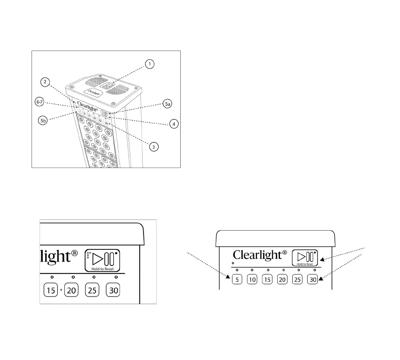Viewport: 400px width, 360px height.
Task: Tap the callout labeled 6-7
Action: click(40, 102)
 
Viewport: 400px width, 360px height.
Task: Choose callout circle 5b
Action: click(43, 120)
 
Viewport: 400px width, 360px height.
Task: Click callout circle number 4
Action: click(174, 124)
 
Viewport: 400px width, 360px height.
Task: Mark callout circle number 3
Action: click(152, 147)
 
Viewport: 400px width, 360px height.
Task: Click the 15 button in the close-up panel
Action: click(50, 290)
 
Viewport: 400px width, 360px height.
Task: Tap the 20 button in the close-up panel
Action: click(72, 290)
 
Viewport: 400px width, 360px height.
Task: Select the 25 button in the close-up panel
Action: click(92, 290)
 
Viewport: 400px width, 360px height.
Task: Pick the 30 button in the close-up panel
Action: click(113, 290)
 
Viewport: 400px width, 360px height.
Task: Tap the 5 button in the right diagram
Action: click(237, 280)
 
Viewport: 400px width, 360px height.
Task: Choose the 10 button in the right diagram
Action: click(252, 280)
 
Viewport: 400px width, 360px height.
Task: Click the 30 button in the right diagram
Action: click(312, 280)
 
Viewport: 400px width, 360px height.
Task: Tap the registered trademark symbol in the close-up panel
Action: click(74, 255)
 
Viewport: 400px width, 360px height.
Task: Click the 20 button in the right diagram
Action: click(282, 280)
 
